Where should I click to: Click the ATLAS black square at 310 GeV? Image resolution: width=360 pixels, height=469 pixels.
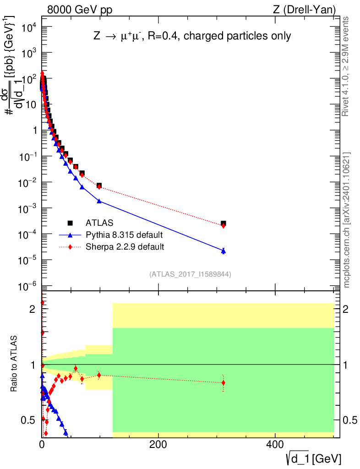(223, 224)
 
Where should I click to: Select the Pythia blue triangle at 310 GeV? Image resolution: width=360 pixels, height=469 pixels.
(223, 251)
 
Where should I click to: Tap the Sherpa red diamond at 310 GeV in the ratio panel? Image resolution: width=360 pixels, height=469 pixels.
(223, 383)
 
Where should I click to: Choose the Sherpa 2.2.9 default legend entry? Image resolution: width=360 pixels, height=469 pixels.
(125, 247)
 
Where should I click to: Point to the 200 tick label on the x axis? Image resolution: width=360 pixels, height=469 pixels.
(158, 444)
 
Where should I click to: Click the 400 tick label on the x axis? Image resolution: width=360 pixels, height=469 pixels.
(275, 444)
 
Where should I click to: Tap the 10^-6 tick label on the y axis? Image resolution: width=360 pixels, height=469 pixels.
(24, 287)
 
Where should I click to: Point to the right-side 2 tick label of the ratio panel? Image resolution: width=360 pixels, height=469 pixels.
(346, 309)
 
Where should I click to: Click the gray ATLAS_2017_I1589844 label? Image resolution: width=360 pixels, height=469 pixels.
(190, 274)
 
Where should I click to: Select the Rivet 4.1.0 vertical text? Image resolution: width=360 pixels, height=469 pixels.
(346, 66)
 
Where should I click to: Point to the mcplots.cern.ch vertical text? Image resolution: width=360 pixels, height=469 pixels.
(347, 220)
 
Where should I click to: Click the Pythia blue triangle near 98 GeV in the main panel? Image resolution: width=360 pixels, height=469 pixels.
(99, 201)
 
